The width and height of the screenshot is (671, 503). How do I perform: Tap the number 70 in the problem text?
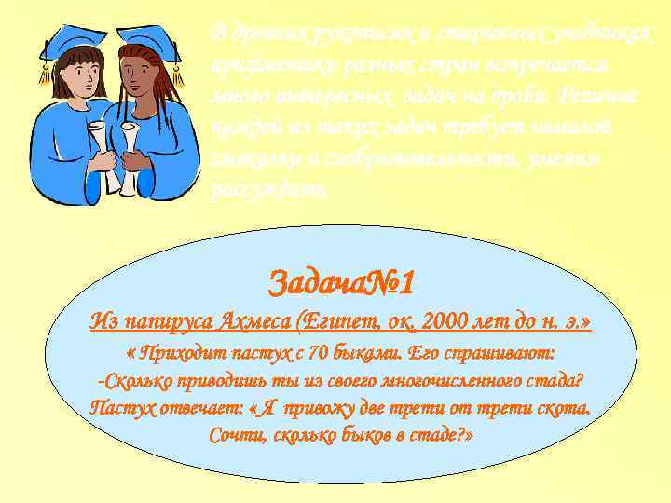[x=320, y=353]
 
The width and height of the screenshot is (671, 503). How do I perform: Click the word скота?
[x=562, y=408]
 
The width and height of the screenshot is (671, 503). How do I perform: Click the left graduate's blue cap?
[x=71, y=41]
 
